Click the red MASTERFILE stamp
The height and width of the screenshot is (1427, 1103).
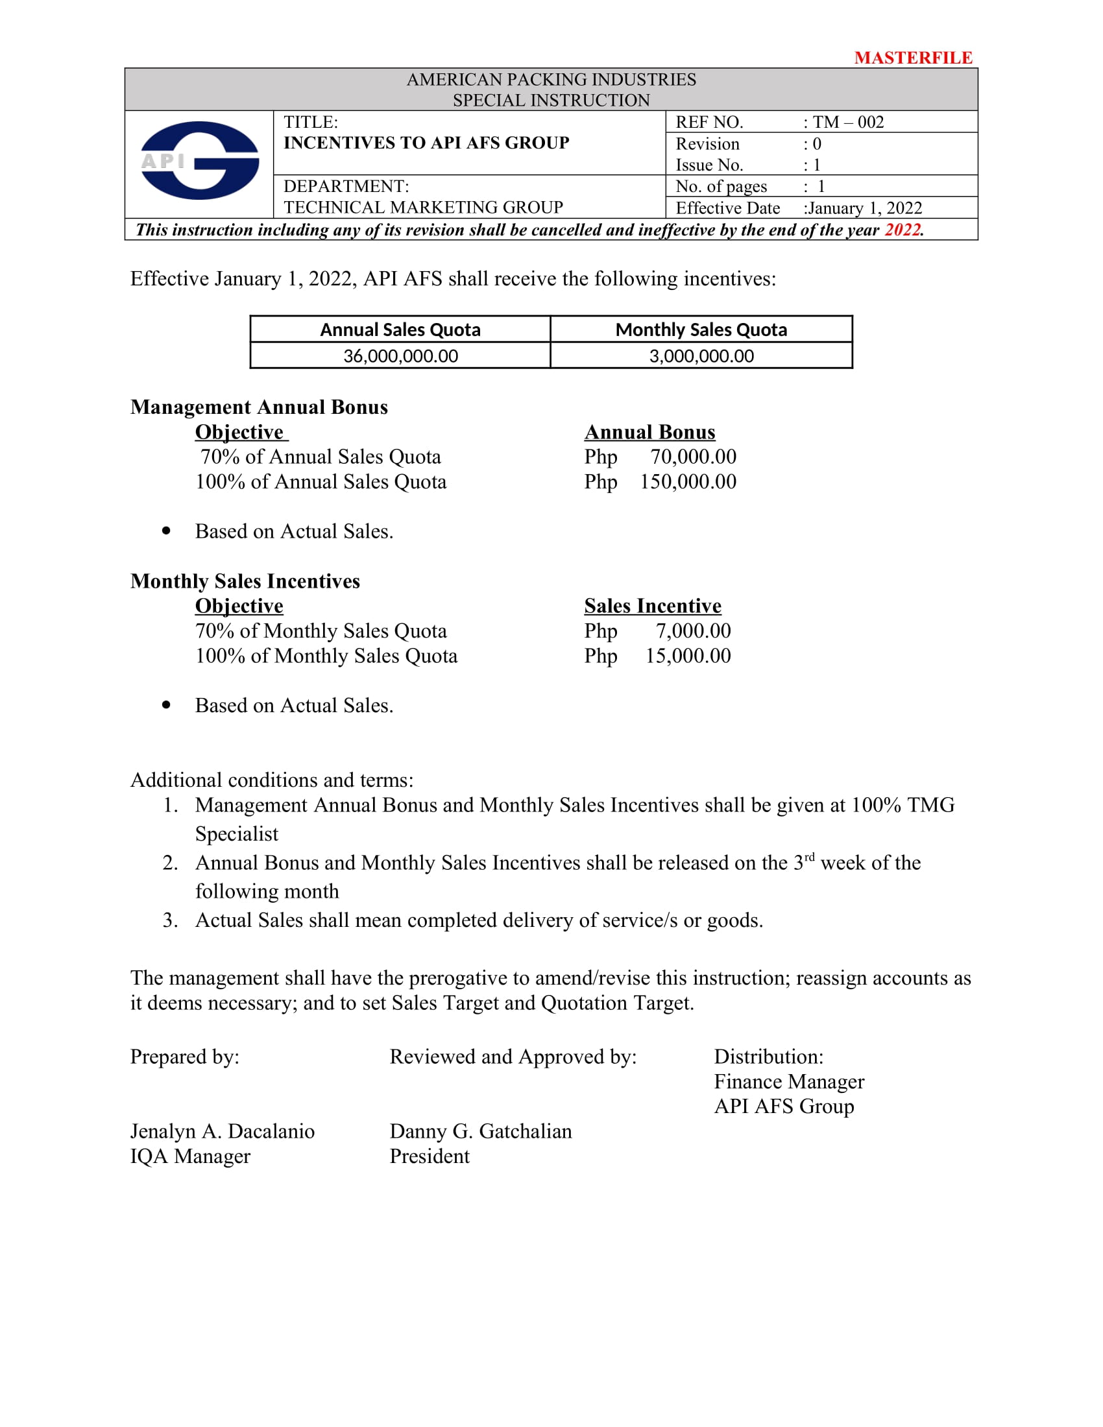point(913,58)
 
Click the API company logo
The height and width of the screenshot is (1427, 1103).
point(199,161)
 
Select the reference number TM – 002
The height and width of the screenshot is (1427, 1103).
point(847,122)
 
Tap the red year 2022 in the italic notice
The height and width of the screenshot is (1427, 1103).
point(903,230)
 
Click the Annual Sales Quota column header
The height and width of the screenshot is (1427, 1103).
point(400,330)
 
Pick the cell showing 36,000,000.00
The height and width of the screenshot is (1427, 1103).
point(400,356)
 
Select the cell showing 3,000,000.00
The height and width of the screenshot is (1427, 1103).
point(701,356)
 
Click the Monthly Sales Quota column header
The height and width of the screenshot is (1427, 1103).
point(701,330)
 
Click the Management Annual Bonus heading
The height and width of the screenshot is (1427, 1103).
point(259,407)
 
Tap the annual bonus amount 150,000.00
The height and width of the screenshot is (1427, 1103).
point(688,481)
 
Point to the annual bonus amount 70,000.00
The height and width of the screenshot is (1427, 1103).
point(693,457)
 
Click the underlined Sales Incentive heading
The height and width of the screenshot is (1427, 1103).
point(652,606)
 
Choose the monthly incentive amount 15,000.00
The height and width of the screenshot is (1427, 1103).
point(688,655)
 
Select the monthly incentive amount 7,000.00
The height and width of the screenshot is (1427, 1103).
point(693,630)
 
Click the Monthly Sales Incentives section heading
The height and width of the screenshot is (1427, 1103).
point(245,581)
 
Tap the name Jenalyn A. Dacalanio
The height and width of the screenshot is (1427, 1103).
point(222,1131)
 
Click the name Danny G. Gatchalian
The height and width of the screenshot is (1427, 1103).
point(480,1131)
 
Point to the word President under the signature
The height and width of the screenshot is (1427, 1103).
point(430,1156)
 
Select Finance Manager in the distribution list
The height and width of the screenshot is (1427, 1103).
point(789,1081)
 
